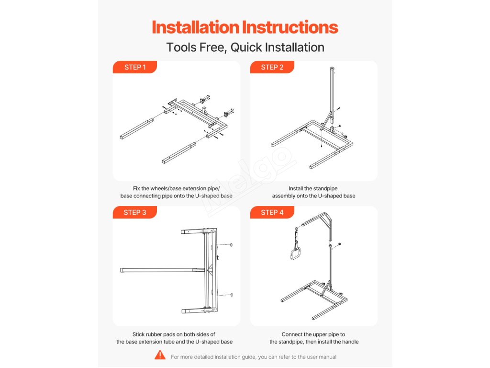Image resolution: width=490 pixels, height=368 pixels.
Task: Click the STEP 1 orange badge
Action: (x=134, y=67)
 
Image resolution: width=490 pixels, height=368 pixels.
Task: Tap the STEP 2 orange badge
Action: (x=272, y=67)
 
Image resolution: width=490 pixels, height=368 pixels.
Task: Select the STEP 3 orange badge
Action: (x=134, y=212)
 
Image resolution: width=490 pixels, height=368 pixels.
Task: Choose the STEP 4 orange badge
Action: (x=272, y=212)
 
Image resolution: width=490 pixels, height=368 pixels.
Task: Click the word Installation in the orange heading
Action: (x=195, y=27)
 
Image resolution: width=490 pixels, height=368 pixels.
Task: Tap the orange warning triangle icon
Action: (x=160, y=355)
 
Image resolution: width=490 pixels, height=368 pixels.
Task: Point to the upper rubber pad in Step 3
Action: (x=231, y=245)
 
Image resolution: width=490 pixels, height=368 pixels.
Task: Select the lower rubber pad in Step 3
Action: (x=231, y=295)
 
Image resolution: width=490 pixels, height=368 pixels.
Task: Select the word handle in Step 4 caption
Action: (x=350, y=342)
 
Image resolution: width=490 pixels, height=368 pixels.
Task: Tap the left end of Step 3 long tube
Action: (x=121, y=270)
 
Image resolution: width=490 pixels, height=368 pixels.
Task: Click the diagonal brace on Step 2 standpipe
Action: (x=326, y=120)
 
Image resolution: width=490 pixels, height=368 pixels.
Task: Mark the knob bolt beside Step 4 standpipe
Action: (x=339, y=245)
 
